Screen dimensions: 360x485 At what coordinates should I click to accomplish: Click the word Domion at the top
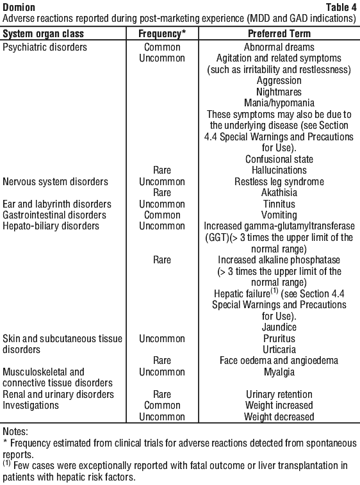(x=19, y=7)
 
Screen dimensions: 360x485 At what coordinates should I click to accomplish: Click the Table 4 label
(x=341, y=7)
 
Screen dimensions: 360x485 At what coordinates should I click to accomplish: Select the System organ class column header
(x=44, y=34)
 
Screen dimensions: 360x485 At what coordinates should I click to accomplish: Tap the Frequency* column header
(x=162, y=34)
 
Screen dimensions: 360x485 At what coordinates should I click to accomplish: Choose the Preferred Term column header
(x=279, y=34)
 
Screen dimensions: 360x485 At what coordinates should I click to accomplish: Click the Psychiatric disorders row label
(x=45, y=47)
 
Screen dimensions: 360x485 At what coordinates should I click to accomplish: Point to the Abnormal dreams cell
(x=279, y=47)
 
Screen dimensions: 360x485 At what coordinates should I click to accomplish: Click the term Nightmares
(x=279, y=92)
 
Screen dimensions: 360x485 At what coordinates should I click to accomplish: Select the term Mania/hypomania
(x=279, y=103)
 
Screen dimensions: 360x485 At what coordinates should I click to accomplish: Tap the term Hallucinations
(x=279, y=170)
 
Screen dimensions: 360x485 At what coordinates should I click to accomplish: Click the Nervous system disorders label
(x=55, y=181)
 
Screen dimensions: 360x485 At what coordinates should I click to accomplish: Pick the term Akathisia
(x=279, y=193)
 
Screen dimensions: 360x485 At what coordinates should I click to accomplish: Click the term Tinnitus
(x=279, y=204)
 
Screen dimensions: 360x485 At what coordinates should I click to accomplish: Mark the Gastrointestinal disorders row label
(x=54, y=215)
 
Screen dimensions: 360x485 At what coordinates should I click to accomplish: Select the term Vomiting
(x=279, y=215)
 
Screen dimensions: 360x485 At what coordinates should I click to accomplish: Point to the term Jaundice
(x=279, y=327)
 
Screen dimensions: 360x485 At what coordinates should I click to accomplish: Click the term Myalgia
(x=279, y=372)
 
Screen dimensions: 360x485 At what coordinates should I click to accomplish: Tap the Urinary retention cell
(x=279, y=395)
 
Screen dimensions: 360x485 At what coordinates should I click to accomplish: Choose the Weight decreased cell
(x=279, y=417)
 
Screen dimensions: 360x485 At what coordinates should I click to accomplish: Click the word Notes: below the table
(x=15, y=431)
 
